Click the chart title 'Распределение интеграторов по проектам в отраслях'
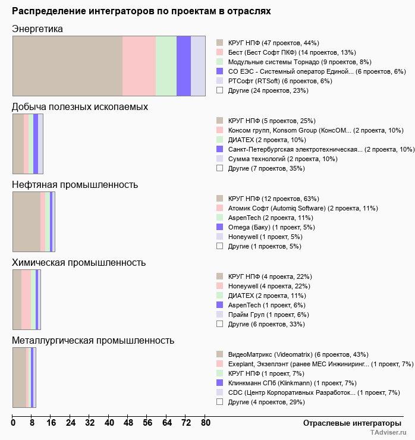tap(142, 11)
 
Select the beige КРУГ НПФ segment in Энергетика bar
tap(67, 65)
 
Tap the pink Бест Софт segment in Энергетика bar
tap(139, 65)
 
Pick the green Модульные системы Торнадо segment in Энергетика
tap(166, 65)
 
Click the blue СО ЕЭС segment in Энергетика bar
tap(184, 65)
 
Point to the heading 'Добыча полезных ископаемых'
tap(80, 106)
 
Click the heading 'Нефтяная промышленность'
tap(75, 184)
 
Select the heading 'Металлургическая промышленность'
tap(93, 340)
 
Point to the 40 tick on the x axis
tap(109, 423)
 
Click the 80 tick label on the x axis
tap(205, 423)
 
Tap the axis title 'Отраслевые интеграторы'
tap(348, 423)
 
